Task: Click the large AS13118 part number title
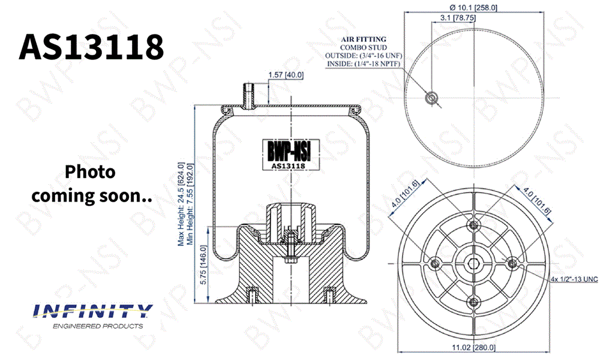(x=91, y=47)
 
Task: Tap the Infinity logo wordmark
(x=93, y=311)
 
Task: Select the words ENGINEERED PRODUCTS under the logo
(x=98, y=326)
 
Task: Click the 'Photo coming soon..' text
(x=91, y=184)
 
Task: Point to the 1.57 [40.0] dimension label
(x=286, y=75)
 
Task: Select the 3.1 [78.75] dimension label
(x=458, y=17)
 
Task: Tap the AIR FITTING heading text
(x=364, y=39)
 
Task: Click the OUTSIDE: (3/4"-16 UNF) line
(x=364, y=55)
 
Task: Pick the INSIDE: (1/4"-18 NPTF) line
(x=364, y=64)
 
